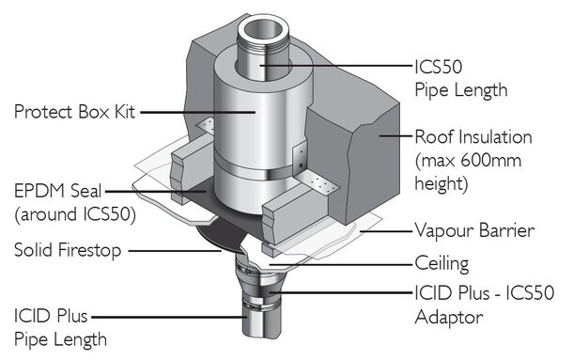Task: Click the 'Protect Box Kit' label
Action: point(74,112)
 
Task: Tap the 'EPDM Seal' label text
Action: point(57,191)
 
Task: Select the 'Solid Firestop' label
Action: point(68,250)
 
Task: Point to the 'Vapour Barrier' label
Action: point(474,230)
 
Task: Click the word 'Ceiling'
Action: point(441,264)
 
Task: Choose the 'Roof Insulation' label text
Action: point(473,137)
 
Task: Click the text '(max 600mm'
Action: point(468,160)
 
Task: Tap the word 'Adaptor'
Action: point(449,317)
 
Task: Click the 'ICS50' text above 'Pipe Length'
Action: point(439,67)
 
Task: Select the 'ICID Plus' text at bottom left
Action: point(51,316)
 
